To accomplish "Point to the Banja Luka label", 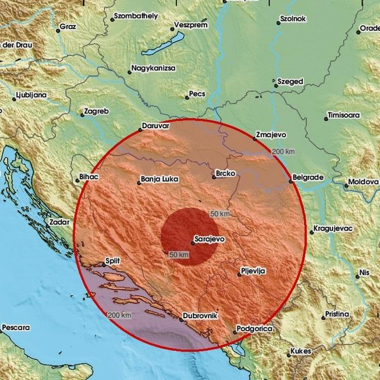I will point(159,179).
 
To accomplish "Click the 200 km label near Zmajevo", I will point(284,153).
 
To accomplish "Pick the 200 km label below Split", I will point(119,315).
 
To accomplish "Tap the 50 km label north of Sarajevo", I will point(220,213).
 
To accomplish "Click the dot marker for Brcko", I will point(214,177).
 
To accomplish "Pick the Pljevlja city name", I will point(253,271).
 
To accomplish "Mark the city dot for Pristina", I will point(324,318).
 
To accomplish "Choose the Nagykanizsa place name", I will point(154,69).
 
